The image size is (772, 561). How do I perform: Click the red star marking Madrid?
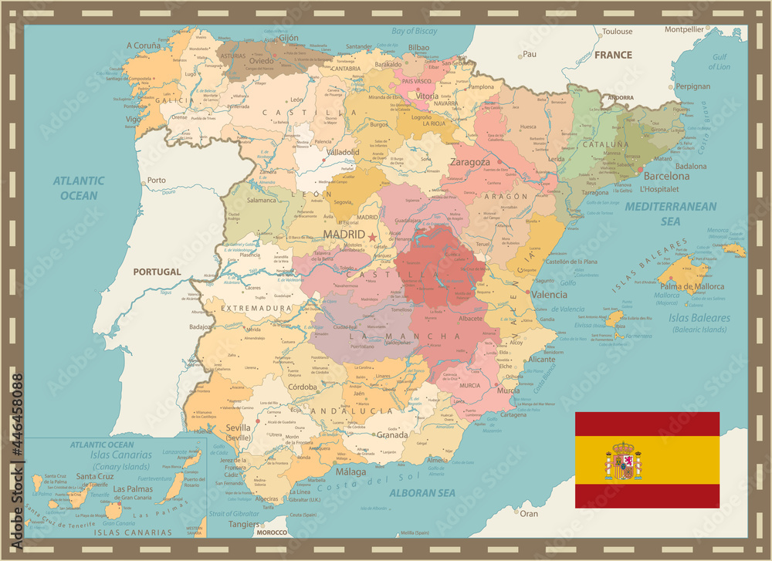[x=373, y=237]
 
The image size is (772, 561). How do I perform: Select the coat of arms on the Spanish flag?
[x=623, y=461]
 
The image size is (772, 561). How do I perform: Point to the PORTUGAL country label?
[x=157, y=272]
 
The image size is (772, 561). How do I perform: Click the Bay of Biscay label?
[x=415, y=31]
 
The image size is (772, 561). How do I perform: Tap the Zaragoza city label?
[x=469, y=162]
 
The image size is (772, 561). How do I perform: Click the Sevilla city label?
[x=238, y=428]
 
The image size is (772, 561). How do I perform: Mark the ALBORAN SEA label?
[x=422, y=492]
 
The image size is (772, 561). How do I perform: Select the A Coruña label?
[x=144, y=45]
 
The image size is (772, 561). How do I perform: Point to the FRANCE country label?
[x=613, y=55]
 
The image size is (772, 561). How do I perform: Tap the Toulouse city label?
[x=617, y=32]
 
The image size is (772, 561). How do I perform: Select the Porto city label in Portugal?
[x=157, y=180]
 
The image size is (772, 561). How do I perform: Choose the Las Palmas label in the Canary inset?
[x=131, y=488]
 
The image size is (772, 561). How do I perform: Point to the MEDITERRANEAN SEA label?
[x=670, y=213]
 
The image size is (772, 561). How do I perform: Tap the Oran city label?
[x=529, y=513]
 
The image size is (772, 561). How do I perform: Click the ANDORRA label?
[x=620, y=98]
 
